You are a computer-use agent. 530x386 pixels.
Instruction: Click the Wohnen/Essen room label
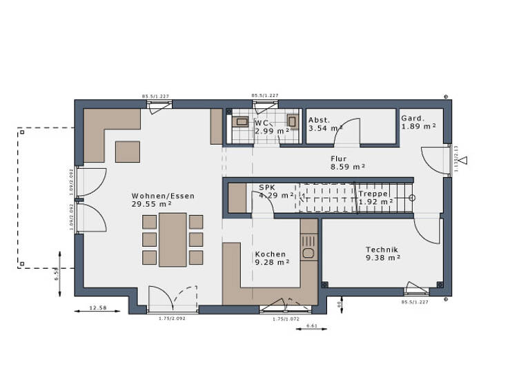point(163,196)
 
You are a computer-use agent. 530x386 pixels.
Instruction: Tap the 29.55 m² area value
point(152,205)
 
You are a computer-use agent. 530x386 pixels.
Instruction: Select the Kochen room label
point(270,254)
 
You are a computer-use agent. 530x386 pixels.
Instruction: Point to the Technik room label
point(382,250)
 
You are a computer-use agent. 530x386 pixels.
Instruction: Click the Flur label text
point(339,158)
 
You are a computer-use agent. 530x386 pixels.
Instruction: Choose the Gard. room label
point(413,118)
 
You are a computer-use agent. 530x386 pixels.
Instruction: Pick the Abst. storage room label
point(320,119)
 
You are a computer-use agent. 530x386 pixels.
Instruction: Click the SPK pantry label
point(267,187)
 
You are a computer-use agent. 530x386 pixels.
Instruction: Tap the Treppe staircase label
point(373,194)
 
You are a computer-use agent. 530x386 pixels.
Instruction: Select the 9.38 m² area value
point(384,258)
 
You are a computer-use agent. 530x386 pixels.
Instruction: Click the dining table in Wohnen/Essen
point(173,239)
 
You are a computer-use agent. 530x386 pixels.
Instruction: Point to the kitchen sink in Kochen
point(308,252)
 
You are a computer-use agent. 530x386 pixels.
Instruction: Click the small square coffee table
point(126,151)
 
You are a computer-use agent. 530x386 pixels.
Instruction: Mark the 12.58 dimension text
point(99,308)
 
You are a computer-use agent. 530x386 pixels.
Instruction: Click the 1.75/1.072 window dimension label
point(286,319)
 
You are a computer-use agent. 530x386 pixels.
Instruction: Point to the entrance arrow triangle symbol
point(464,161)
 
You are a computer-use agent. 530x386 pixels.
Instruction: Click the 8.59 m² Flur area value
point(348,167)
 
